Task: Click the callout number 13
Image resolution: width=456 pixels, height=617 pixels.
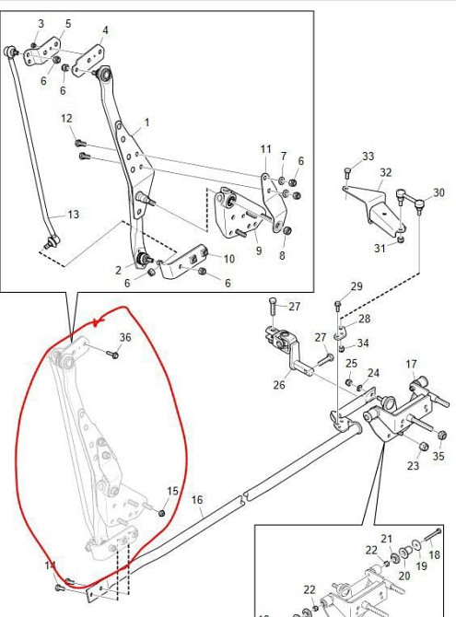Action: pyautogui.click(x=74, y=215)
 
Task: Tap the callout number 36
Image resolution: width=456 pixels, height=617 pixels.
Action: pyautogui.click(x=125, y=337)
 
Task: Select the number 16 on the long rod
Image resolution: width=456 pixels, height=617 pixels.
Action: pyautogui.click(x=197, y=500)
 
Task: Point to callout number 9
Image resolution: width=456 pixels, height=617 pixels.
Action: pyautogui.click(x=259, y=250)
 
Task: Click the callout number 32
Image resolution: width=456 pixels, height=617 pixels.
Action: pyautogui.click(x=386, y=172)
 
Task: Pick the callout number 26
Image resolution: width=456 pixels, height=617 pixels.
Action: pyautogui.click(x=279, y=384)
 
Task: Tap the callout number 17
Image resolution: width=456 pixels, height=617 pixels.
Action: pyautogui.click(x=411, y=364)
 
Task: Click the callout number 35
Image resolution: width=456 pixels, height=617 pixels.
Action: pyautogui.click(x=438, y=456)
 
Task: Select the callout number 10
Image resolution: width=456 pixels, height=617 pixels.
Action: pyautogui.click(x=229, y=259)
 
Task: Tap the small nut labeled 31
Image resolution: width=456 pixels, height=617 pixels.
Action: pyautogui.click(x=401, y=239)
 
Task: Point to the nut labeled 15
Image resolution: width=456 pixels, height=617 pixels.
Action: pyautogui.click(x=161, y=513)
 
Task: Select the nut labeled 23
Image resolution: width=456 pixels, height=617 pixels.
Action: pyautogui.click(x=423, y=447)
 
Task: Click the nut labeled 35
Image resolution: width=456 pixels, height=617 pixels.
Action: pyautogui.click(x=441, y=436)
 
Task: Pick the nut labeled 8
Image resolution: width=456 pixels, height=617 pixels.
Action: pyautogui.click(x=287, y=230)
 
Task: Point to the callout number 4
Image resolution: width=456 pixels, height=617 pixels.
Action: pyautogui.click(x=105, y=30)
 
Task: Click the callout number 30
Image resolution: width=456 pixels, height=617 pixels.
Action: pyautogui.click(x=438, y=192)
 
